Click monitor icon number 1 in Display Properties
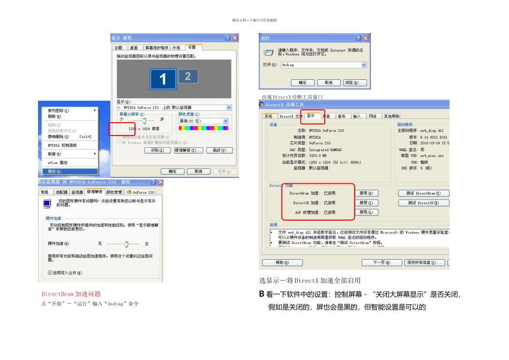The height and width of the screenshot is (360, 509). point(163,79)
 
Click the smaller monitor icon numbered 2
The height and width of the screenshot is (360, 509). point(188,76)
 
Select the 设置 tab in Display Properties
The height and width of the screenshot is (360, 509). point(191,48)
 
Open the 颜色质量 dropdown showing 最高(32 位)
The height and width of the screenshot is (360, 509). point(204,122)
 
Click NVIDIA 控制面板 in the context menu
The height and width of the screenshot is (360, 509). point(62,145)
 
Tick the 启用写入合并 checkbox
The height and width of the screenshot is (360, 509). point(50,273)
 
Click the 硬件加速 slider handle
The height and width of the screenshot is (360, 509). point(127,244)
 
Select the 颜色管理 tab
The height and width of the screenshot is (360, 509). point(114,192)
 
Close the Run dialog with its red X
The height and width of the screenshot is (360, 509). point(365,39)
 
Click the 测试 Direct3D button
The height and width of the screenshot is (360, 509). point(423,203)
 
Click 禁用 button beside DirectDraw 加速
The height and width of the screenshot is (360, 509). point(366,193)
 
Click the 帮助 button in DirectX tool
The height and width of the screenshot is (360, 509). point(282,262)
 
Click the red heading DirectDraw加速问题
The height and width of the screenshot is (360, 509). point(71,294)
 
